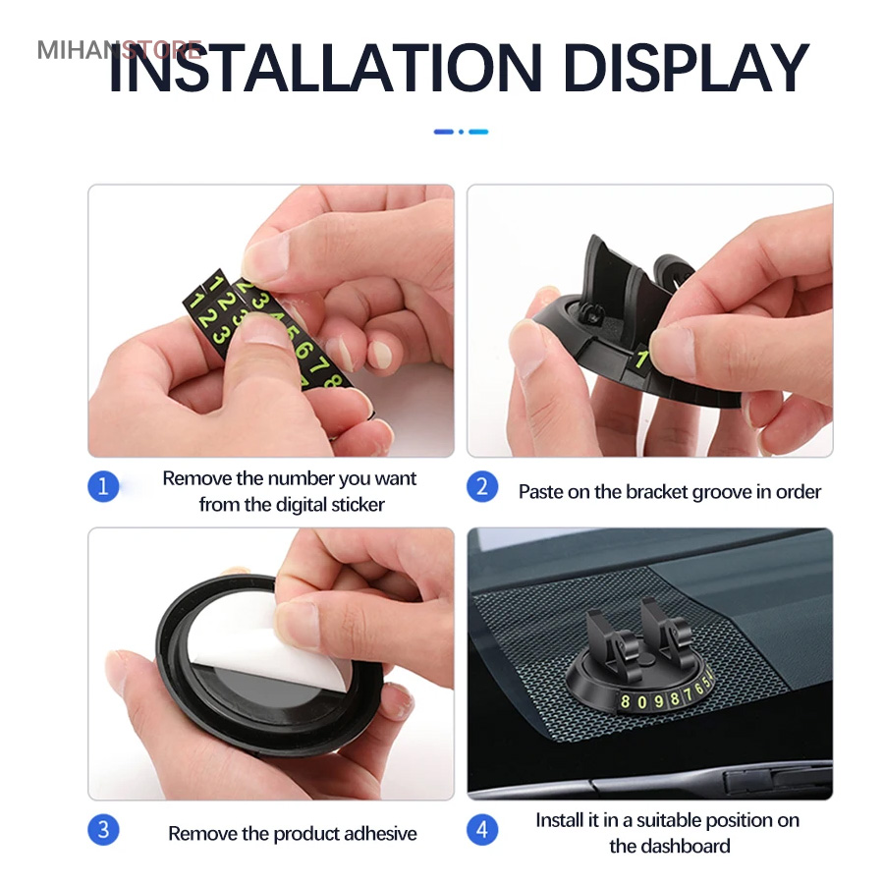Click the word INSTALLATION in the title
click(326, 68)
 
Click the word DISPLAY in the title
click(687, 68)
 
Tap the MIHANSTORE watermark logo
click(120, 50)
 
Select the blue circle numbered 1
click(103, 486)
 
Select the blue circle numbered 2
click(482, 486)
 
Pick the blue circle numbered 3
click(103, 829)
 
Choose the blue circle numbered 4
click(482, 829)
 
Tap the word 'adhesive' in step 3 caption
click(380, 834)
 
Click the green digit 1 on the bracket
click(641, 359)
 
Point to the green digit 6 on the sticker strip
click(303, 350)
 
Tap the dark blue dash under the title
click(444, 132)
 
